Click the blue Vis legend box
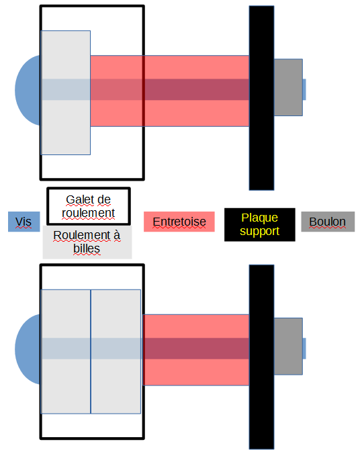[24, 222]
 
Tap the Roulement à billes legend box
[87, 242]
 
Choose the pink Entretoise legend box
[179, 222]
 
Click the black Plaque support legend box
[260, 224]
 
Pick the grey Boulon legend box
[328, 222]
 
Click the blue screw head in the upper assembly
[28, 90]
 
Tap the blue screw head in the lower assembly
[28, 349]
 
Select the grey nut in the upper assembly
[288, 87]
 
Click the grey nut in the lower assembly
[288, 346]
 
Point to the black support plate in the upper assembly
[261, 98]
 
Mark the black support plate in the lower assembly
[261, 357]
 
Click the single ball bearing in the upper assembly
[66, 93]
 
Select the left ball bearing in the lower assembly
[66, 352]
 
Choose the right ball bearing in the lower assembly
[116, 352]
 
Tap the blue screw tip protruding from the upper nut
[304, 89]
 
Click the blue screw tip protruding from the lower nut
[304, 349]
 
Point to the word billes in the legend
[87, 249]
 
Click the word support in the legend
[260, 231]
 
